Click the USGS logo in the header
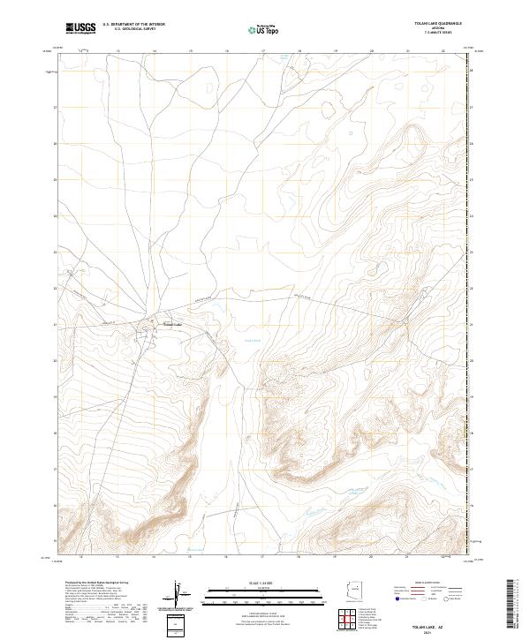[x=81, y=28]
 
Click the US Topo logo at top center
[x=264, y=29]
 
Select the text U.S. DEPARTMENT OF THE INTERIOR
[x=133, y=25]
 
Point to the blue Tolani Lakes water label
[x=253, y=339]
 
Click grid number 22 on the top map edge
[x=443, y=51]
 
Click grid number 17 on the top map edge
[x=263, y=51]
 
